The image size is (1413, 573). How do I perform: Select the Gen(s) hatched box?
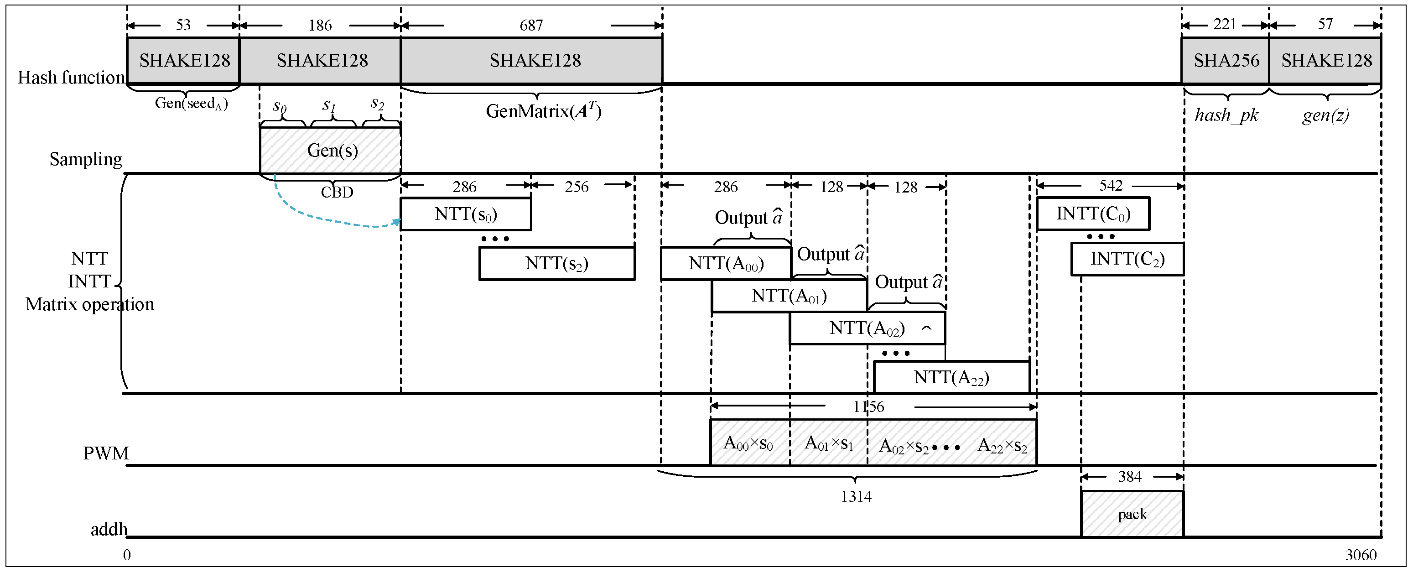[331, 151]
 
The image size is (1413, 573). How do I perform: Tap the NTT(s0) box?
[466, 214]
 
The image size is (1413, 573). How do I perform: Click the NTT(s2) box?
[557, 263]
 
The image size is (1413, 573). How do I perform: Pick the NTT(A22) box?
[951, 378]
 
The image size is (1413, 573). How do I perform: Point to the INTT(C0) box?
[1093, 214]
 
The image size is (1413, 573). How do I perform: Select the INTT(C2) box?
[1127, 259]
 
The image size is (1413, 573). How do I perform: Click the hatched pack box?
[1132, 514]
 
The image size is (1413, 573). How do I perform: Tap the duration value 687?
[531, 25]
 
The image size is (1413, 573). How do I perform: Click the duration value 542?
[1111, 186]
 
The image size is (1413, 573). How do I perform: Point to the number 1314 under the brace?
[856, 497]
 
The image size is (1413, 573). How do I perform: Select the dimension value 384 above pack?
[1129, 476]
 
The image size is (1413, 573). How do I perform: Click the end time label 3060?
[1361, 555]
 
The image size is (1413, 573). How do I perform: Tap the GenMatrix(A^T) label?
[543, 111]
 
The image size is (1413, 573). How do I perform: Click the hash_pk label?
[1226, 115]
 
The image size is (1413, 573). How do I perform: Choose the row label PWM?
[106, 453]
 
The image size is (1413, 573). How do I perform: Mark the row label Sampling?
[86, 159]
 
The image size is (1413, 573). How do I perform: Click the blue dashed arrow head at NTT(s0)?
[397, 222]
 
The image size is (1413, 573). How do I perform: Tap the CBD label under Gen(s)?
[337, 192]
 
